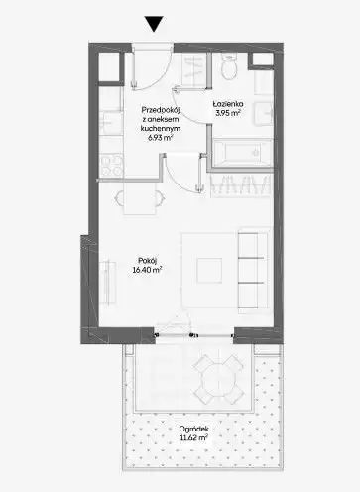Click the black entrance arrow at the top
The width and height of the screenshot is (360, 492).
click(154, 24)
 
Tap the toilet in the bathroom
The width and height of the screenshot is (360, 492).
click(229, 67)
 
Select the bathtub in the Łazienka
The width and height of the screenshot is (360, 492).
click(242, 153)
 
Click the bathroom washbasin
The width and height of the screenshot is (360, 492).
click(264, 114)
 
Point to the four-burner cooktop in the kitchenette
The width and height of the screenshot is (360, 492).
click(111, 166)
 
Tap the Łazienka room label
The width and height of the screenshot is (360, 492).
click(228, 104)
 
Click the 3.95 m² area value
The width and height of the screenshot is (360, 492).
click(228, 113)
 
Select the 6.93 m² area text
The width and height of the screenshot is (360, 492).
click(160, 138)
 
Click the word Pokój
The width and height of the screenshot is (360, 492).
click(147, 260)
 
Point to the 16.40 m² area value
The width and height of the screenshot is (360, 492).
click(147, 270)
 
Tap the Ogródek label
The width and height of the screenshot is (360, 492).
click(194, 429)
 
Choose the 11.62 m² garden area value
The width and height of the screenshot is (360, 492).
click(193, 438)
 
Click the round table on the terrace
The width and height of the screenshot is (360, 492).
click(219, 379)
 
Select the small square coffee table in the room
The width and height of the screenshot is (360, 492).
click(209, 271)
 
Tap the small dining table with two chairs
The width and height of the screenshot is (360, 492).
click(140, 198)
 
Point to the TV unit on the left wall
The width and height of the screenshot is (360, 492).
click(107, 282)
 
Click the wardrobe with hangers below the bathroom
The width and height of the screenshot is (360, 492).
click(241, 185)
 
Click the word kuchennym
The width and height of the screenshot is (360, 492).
click(160, 129)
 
